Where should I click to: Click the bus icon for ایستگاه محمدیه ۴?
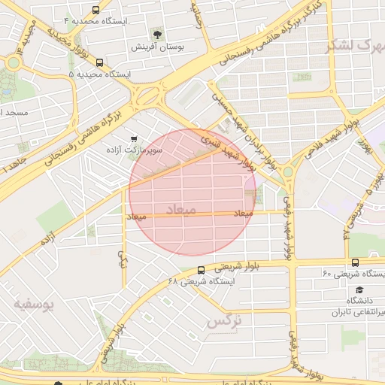(x=95, y=11)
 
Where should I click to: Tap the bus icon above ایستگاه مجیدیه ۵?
(x=100, y=63)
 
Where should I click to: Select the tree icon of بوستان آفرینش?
(x=156, y=34)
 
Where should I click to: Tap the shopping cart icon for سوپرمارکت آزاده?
(x=134, y=139)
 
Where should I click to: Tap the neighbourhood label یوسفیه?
(x=35, y=305)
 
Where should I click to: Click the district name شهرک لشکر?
(x=353, y=45)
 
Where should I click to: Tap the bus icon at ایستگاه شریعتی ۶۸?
(x=201, y=270)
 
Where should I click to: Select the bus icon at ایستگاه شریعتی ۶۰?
(x=355, y=262)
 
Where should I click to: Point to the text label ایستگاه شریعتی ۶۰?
(x=353, y=274)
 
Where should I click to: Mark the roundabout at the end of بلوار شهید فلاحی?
(x=288, y=172)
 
